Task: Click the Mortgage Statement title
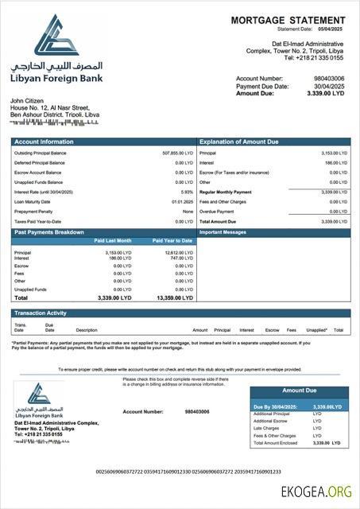tap(288, 20)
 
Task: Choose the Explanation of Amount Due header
tap(238, 142)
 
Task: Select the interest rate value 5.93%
tap(188, 192)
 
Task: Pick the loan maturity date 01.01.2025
tap(182, 201)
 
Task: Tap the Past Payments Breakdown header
tap(49, 231)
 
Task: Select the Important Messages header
tap(224, 231)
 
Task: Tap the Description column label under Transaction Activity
tap(87, 329)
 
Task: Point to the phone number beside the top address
tap(314, 57)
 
